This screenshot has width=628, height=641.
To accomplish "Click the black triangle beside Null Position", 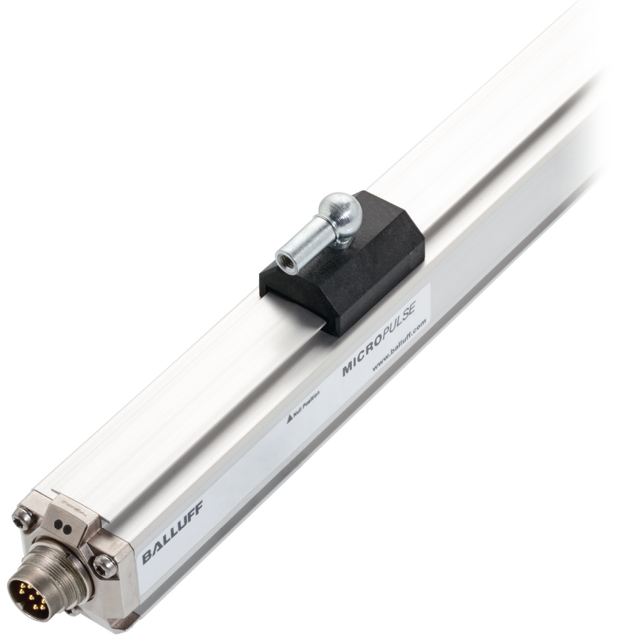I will (x=288, y=421).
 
